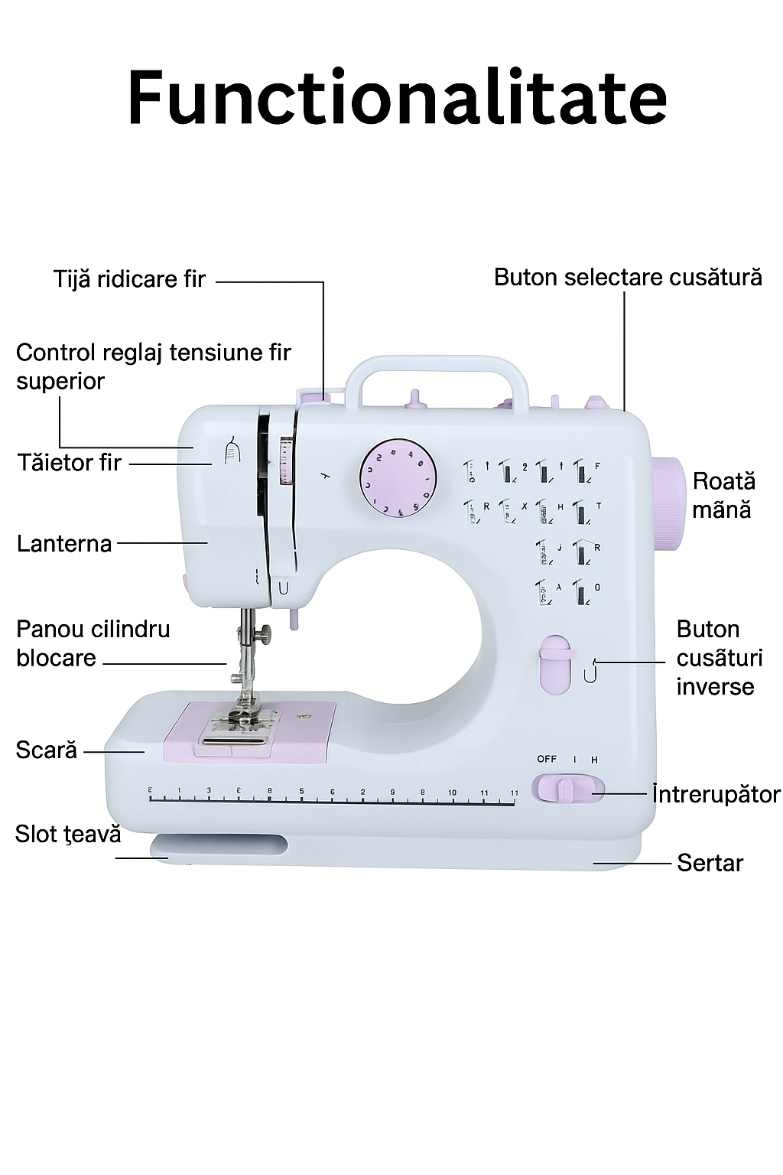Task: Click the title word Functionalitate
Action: (x=397, y=98)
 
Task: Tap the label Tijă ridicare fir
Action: (x=129, y=279)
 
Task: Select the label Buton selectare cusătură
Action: (x=628, y=277)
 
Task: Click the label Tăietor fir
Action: (x=70, y=463)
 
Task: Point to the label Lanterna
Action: (x=64, y=544)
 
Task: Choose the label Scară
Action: (x=47, y=750)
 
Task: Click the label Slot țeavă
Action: (x=68, y=834)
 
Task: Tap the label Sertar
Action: (x=710, y=863)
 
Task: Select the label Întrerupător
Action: (x=716, y=794)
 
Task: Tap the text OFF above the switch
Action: (x=547, y=759)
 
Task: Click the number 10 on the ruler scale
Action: (x=452, y=793)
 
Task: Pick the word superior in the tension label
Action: (x=60, y=381)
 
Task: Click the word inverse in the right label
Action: (x=715, y=687)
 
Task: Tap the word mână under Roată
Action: (x=721, y=509)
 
